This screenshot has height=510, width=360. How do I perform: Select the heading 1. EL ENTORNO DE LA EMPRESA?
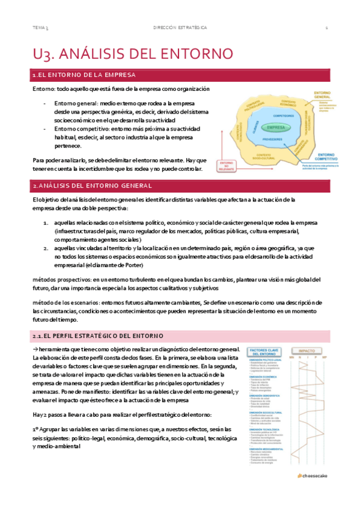84,75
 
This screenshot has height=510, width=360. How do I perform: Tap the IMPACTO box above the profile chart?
307,349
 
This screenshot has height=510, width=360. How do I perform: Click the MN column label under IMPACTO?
291,359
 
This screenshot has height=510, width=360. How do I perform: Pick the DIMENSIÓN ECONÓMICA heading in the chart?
262,377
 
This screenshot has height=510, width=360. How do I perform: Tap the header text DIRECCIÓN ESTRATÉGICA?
180,28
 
